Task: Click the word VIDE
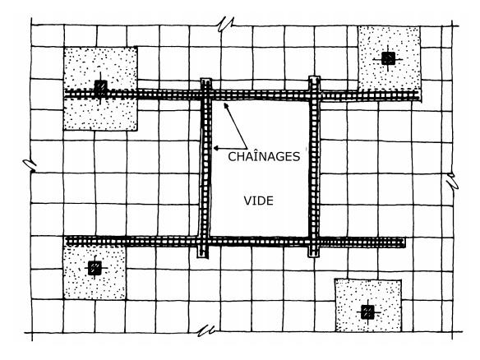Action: pyautogui.click(x=258, y=201)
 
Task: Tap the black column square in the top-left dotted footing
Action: pyautogui.click(x=100, y=88)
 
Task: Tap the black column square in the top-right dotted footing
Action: pyautogui.click(x=388, y=58)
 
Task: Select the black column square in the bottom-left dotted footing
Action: pyautogui.click(x=95, y=268)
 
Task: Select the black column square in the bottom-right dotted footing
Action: pyautogui.click(x=367, y=312)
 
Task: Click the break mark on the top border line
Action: pyautogui.click(x=225, y=24)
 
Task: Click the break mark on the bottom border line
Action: pyautogui.click(x=205, y=330)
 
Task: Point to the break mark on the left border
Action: pyautogui.click(x=30, y=165)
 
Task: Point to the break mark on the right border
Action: pyautogui.click(x=452, y=181)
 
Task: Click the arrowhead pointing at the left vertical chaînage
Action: pyautogui.click(x=216, y=149)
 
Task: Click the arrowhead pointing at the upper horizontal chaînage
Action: pyautogui.click(x=226, y=105)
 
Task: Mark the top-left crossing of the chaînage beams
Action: pyautogui.click(x=206, y=95)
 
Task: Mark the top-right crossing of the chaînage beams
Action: pyautogui.click(x=315, y=95)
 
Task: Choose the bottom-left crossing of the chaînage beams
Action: pyautogui.click(x=203, y=242)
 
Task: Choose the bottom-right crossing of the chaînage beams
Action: pyautogui.click(x=314, y=242)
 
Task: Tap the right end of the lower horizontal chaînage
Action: pyautogui.click(x=404, y=242)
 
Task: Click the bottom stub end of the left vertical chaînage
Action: pyautogui.click(x=202, y=256)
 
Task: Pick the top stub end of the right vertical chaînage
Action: pyautogui.click(x=315, y=78)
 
